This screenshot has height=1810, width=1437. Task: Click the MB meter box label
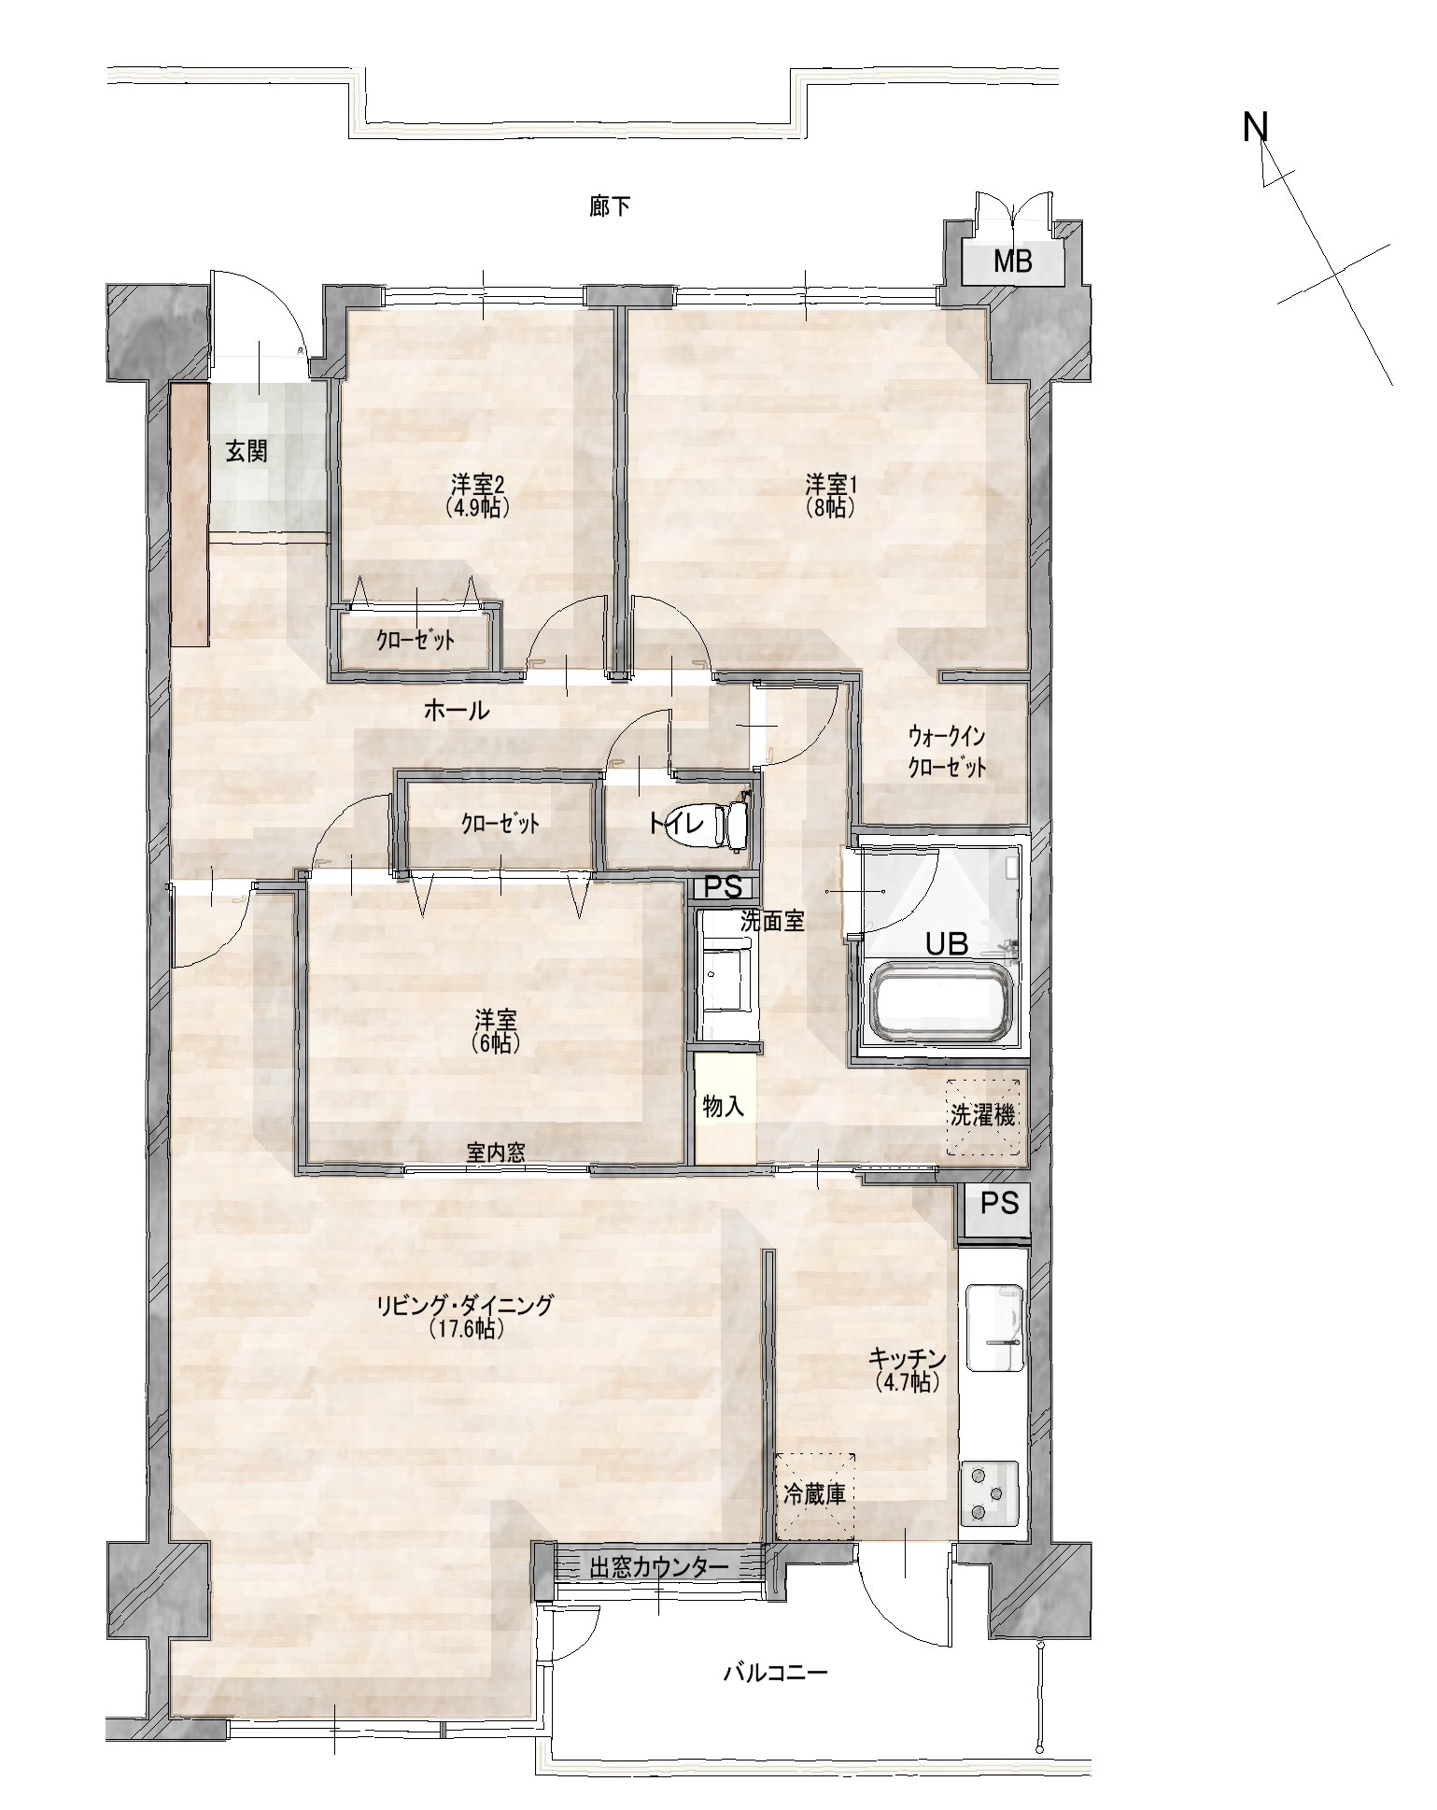[x=1012, y=262]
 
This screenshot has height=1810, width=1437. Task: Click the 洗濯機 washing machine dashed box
[x=981, y=1117]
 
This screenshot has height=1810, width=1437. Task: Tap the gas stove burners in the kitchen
[x=992, y=1492]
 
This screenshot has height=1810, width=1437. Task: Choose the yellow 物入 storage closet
[x=724, y=1108]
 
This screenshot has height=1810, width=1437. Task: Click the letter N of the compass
[x=1255, y=127]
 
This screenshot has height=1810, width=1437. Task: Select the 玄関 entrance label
[x=247, y=451]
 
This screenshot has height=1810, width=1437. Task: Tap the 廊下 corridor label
[x=610, y=206]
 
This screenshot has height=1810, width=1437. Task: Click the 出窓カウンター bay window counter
[x=659, y=1566]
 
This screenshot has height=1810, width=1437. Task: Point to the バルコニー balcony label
[x=775, y=1672]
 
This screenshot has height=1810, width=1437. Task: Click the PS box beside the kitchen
[x=998, y=1205]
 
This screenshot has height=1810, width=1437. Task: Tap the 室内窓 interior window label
[x=496, y=1152]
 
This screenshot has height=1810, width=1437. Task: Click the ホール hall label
[x=457, y=711]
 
